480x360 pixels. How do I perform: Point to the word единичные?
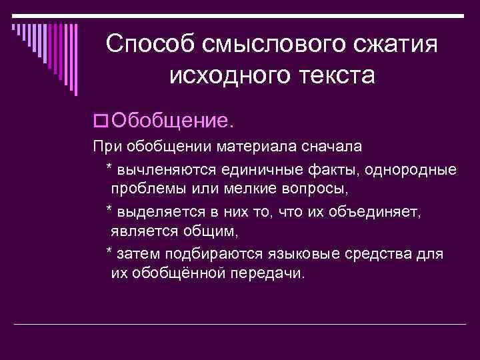[255, 169]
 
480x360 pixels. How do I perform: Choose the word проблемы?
[145, 190]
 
